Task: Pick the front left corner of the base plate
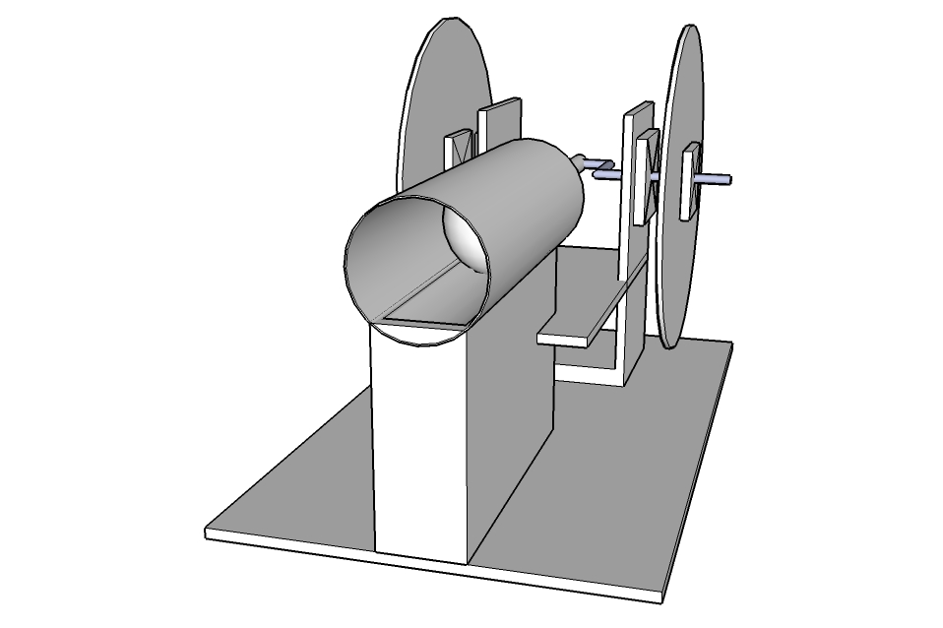pos(209,534)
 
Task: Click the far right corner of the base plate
pos(729,345)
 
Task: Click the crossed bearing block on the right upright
pos(646,177)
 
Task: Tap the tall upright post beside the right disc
pos(630,246)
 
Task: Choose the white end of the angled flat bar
pos(566,339)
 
